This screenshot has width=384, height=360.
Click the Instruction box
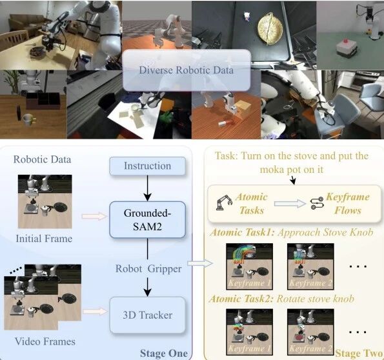(x=147, y=166)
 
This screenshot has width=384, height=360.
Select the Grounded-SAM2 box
(x=147, y=219)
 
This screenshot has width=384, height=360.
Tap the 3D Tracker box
(x=147, y=315)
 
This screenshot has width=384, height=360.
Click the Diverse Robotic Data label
(x=186, y=70)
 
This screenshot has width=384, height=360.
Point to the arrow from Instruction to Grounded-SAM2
(x=147, y=188)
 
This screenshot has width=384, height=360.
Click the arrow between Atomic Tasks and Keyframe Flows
(x=290, y=204)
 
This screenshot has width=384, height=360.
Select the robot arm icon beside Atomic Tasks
(x=225, y=203)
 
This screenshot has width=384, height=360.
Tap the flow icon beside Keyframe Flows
(x=317, y=204)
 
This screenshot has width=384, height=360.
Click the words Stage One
(x=163, y=353)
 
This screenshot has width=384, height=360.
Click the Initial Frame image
(x=45, y=201)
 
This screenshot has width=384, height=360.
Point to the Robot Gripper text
(x=148, y=269)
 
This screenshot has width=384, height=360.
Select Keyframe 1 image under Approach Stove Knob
(x=249, y=266)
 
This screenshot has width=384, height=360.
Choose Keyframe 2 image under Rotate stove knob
(x=310, y=332)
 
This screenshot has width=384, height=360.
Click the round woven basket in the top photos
(x=270, y=28)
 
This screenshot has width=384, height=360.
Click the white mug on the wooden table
(x=28, y=120)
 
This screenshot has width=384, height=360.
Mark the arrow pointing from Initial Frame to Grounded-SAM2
(x=94, y=217)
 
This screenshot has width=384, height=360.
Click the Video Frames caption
(x=45, y=341)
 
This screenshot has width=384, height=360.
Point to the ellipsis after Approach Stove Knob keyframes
(x=358, y=266)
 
